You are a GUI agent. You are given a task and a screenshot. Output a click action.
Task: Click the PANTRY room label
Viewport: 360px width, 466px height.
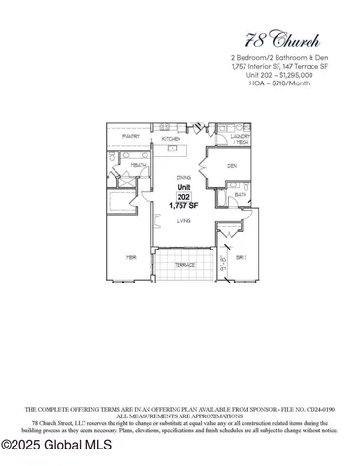[126, 137]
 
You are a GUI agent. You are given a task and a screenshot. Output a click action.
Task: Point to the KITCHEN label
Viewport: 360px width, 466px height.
[173, 139]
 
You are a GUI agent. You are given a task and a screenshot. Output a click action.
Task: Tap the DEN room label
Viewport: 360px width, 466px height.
[232, 166]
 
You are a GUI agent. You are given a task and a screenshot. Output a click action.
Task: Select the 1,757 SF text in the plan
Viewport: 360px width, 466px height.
[183, 205]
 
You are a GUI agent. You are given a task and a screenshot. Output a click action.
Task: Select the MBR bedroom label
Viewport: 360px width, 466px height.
[128, 257]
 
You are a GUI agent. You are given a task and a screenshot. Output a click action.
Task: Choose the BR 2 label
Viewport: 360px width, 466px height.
[239, 256]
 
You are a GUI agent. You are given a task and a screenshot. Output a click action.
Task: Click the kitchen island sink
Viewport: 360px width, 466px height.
[173, 149]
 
